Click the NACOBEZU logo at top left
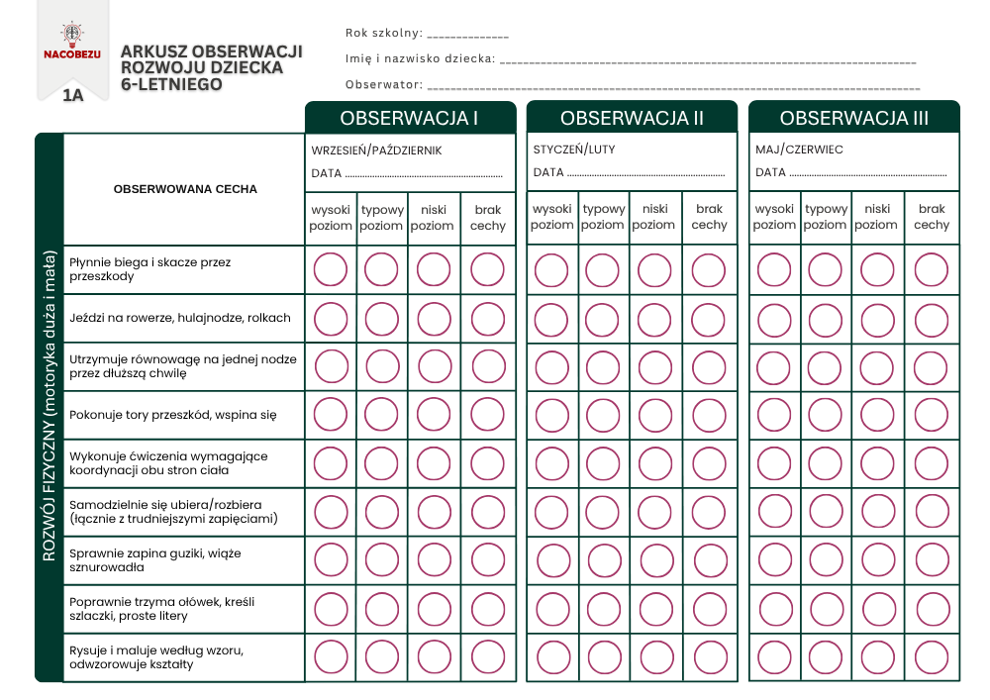(71, 43)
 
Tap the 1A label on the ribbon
(72, 96)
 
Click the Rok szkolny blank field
(467, 35)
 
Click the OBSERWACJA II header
(632, 118)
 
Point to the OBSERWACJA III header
(853, 118)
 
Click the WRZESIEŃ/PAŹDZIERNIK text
(376, 150)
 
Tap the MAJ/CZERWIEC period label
(799, 150)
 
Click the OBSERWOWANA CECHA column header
(185, 189)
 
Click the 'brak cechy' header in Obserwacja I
(488, 218)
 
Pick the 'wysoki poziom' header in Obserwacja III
(774, 218)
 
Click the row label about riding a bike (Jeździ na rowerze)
(180, 318)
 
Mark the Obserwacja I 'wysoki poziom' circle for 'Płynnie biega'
(331, 269)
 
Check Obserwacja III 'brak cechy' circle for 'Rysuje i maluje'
(932, 657)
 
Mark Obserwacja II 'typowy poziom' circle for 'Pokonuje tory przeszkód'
(603, 415)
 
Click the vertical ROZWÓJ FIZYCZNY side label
(49, 407)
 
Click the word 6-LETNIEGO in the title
(170, 85)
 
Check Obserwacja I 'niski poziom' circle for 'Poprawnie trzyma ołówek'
(434, 609)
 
